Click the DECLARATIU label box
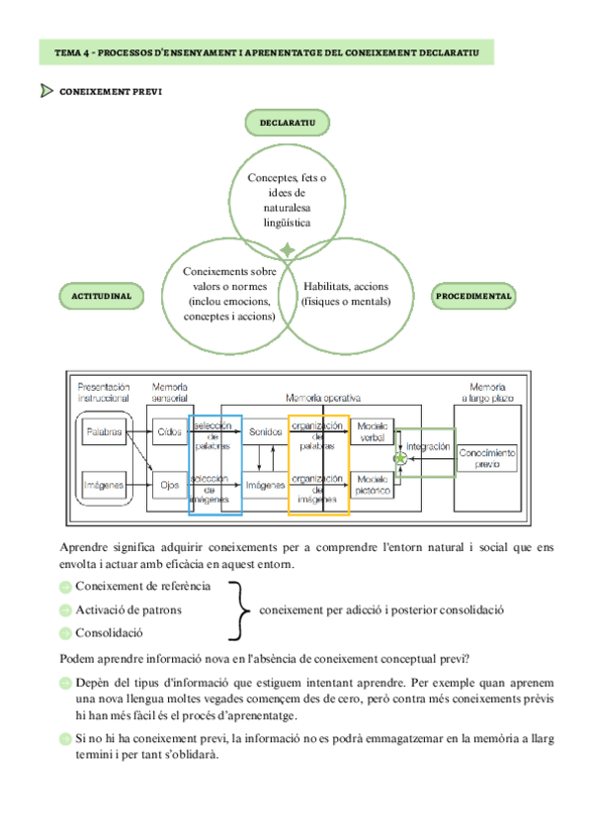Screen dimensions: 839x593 click(287, 123)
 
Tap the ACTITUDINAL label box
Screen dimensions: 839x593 click(102, 295)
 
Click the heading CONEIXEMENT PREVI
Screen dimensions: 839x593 click(111, 92)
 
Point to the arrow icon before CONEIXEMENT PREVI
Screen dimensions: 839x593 click(46, 92)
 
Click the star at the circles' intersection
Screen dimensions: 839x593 click(287, 250)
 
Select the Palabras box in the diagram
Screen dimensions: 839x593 click(104, 432)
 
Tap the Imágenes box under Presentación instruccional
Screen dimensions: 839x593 click(104, 484)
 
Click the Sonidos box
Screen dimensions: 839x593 click(265, 432)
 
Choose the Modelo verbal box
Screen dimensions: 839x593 click(373, 431)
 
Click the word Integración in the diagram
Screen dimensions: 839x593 click(428, 446)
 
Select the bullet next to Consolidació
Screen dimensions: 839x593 click(65, 632)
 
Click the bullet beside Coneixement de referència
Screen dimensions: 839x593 click(65, 587)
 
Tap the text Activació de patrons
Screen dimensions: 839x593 click(128, 609)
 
